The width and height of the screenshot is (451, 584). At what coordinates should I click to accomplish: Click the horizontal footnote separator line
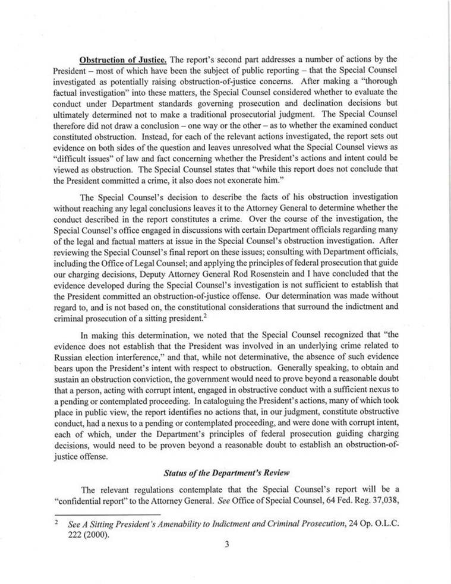[x=107, y=513]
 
